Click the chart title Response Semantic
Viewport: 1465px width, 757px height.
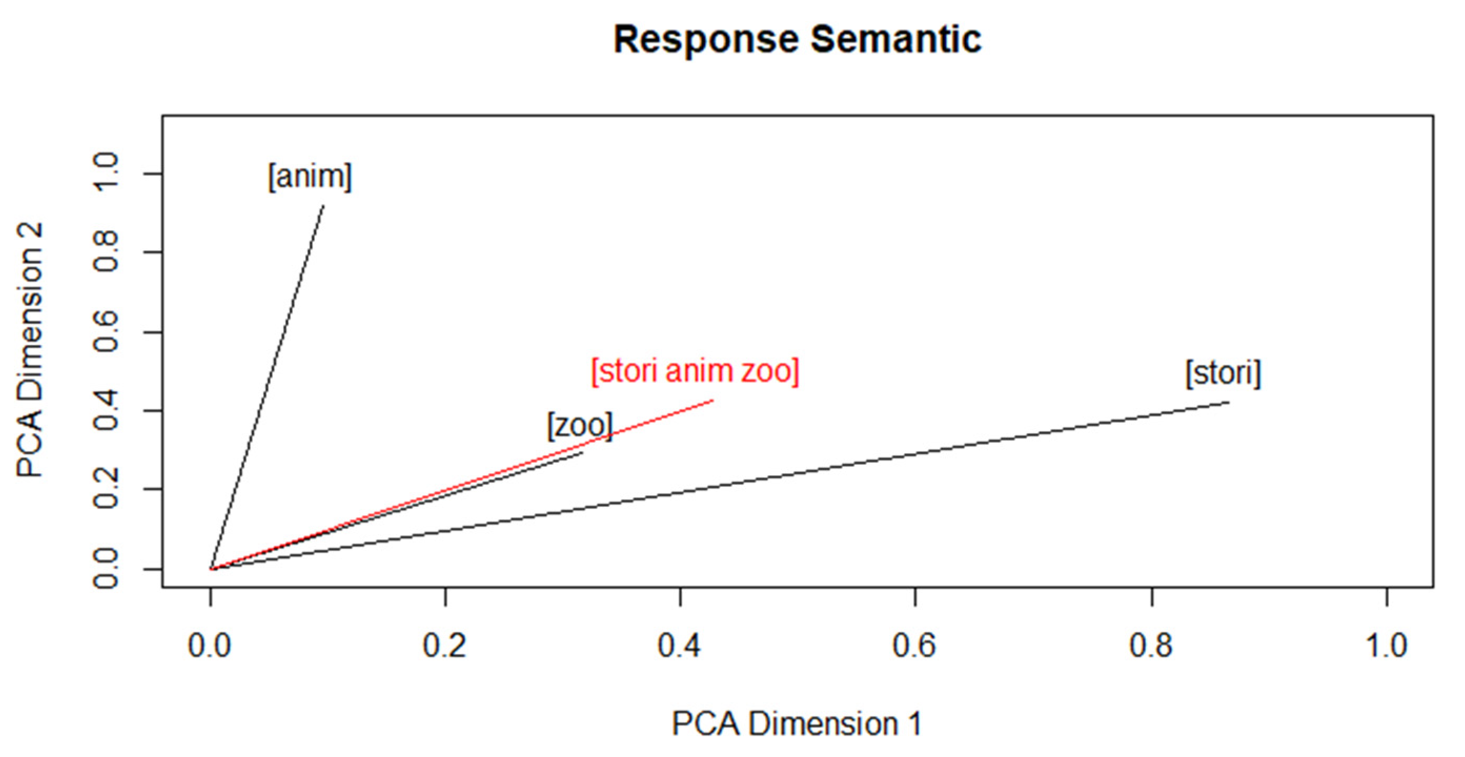tap(797, 40)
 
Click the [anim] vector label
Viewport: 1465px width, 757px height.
tap(310, 177)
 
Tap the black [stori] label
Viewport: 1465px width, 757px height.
tap(1223, 373)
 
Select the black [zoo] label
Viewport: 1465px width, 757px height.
tap(579, 425)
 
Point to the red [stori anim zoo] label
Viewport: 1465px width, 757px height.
tap(695, 371)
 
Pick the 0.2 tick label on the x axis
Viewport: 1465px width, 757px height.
tap(445, 646)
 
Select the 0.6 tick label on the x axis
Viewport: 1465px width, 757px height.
tap(914, 646)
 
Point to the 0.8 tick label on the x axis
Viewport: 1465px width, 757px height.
tap(1151, 646)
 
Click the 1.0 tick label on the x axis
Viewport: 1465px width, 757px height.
tap(1387, 646)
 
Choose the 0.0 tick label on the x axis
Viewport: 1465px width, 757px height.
tap(210, 646)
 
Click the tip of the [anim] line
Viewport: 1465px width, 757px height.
tap(323, 206)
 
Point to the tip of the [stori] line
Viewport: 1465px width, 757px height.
tap(1229, 403)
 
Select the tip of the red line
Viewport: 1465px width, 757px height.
tap(713, 401)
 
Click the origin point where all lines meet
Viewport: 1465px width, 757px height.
tap(211, 569)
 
